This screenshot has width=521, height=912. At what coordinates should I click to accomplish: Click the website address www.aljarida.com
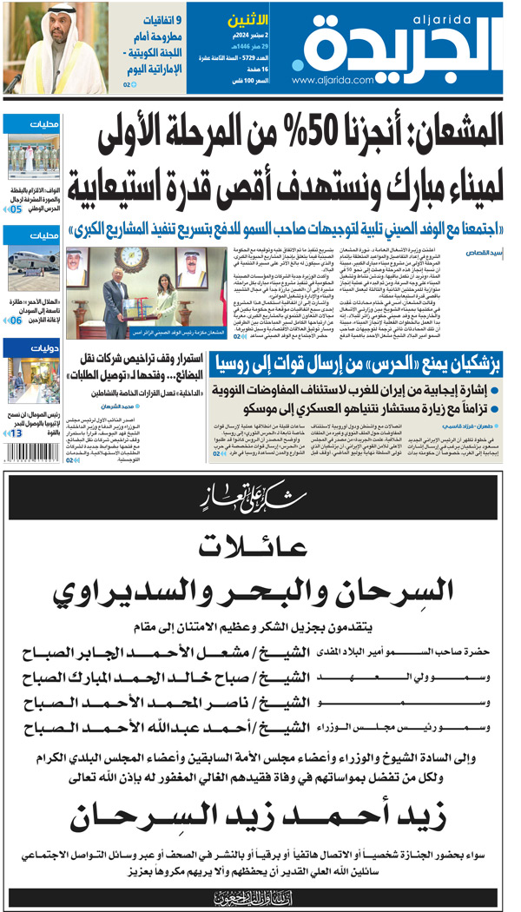click(x=331, y=80)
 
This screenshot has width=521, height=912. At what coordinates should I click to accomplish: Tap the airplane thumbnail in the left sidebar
click(x=31, y=261)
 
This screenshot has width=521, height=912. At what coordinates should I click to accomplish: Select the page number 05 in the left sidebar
click(x=16, y=209)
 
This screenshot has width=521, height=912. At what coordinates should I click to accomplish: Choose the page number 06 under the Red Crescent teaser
click(x=16, y=321)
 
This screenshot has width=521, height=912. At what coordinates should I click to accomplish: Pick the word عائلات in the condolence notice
click(x=260, y=545)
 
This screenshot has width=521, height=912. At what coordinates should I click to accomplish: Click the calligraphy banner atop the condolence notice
click(x=260, y=499)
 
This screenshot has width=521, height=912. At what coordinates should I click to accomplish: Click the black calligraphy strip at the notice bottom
click(x=260, y=895)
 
